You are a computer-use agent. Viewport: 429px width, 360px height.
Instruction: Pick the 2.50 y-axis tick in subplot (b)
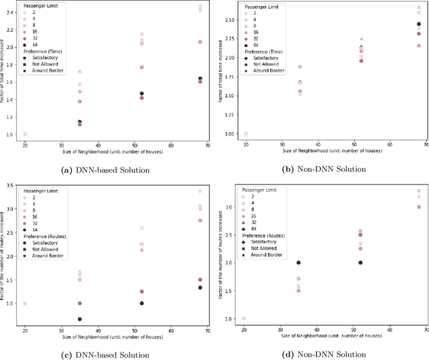click(x=229, y=20)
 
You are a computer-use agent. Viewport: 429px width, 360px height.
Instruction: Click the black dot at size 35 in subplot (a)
click(x=80, y=123)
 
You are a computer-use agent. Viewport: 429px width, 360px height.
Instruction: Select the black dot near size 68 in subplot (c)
click(x=199, y=288)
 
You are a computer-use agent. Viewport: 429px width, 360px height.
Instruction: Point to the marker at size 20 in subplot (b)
click(x=245, y=133)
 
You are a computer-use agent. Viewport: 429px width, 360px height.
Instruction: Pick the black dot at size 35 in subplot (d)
click(x=299, y=263)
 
